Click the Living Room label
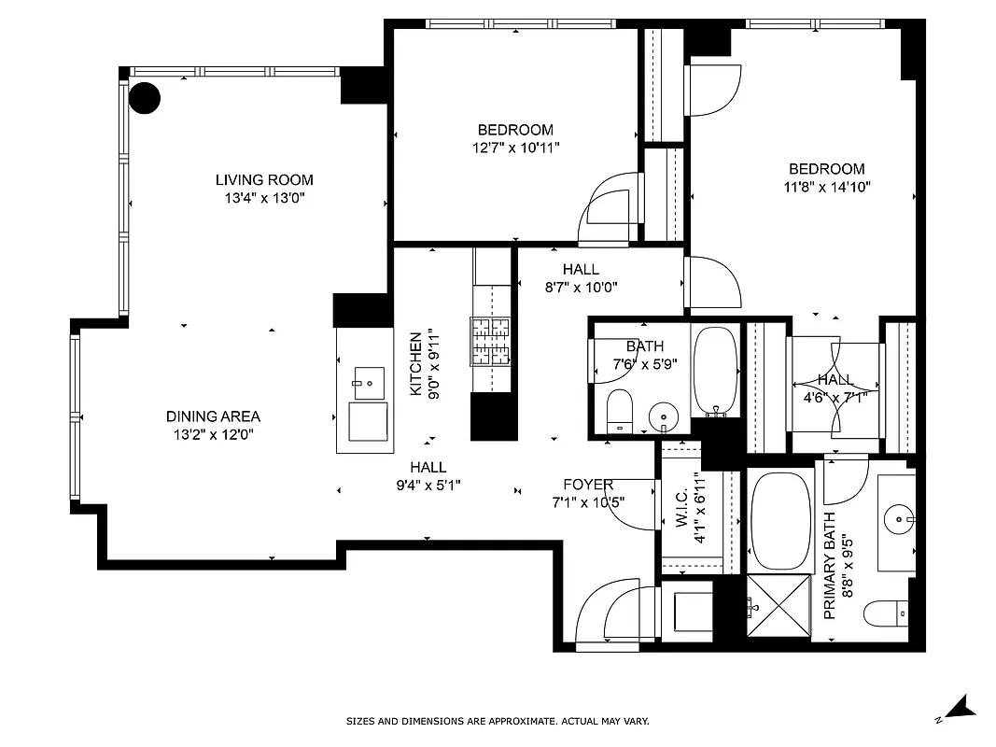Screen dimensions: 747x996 click(x=264, y=180)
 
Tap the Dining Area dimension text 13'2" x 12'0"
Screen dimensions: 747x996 click(x=213, y=434)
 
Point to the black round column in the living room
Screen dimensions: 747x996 click(x=145, y=97)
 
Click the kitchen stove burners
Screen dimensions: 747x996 click(x=491, y=341)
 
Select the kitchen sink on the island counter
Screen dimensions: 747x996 click(x=369, y=380)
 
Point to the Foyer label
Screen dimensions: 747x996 click(x=588, y=485)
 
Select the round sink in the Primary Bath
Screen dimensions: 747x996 click(x=900, y=516)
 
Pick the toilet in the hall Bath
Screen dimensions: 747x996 click(x=619, y=411)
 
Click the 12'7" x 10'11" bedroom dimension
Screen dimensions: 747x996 click(x=515, y=148)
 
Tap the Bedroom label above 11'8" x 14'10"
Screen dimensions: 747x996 click(x=826, y=169)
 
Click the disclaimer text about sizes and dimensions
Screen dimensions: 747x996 click(x=498, y=721)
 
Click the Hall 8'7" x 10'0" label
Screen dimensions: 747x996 click(x=581, y=270)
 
